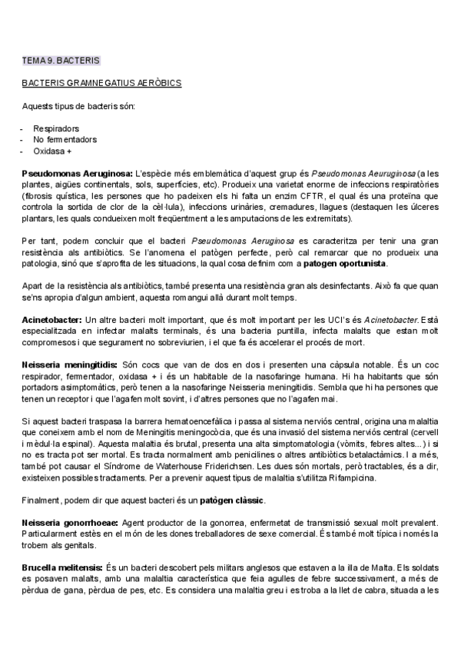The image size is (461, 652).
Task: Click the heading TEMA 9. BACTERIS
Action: pyautogui.click(x=61, y=59)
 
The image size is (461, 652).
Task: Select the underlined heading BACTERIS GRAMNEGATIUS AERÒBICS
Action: pyautogui.click(x=101, y=81)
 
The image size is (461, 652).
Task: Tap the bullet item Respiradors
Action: pyautogui.click(x=56, y=128)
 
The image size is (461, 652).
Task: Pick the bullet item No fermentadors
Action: pyautogui.click(x=65, y=139)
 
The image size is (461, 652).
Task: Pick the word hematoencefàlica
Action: pyautogui.click(x=202, y=421)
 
